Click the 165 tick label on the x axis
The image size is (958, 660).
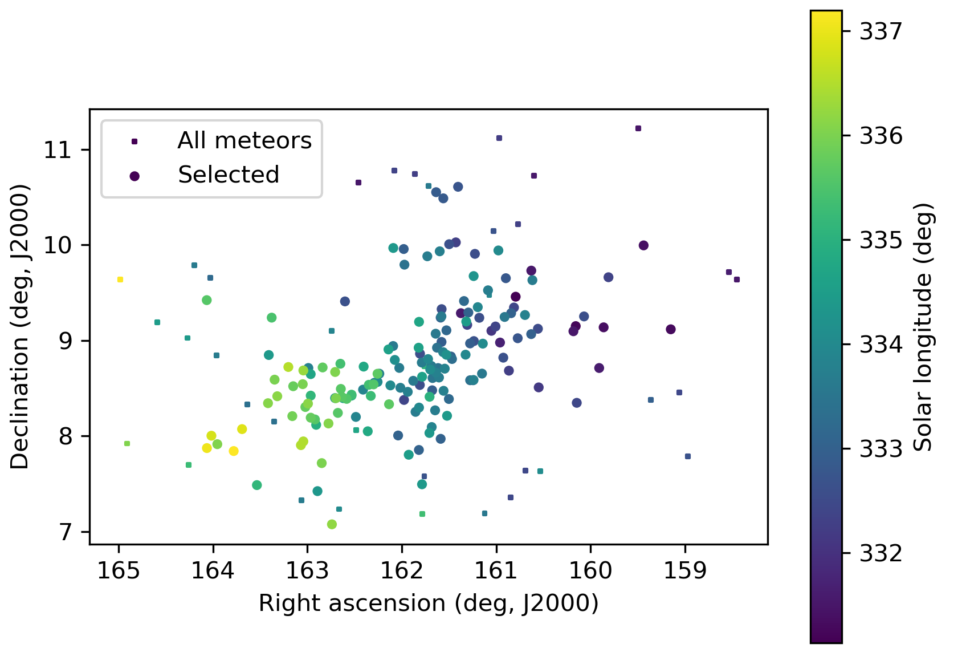tap(119, 570)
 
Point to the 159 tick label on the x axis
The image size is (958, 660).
tap(685, 570)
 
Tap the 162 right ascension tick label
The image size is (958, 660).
tap(402, 570)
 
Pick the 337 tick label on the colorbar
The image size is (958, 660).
tap(881, 31)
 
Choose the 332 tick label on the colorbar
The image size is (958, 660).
tap(881, 553)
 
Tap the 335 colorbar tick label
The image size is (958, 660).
tap(881, 240)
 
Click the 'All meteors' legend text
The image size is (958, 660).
tap(244, 140)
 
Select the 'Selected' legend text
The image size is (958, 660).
tap(229, 175)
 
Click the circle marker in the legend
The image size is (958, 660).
tap(134, 176)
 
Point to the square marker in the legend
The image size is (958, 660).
tap(134, 141)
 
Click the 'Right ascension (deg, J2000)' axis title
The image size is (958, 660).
tap(429, 604)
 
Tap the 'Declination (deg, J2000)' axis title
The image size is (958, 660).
tap(20, 326)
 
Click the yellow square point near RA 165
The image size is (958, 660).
tap(120, 280)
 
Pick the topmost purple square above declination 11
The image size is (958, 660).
tap(638, 128)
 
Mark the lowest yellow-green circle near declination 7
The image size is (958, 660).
tap(332, 524)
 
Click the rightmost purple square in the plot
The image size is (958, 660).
tap(737, 280)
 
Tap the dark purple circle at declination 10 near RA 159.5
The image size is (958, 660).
tap(643, 245)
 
